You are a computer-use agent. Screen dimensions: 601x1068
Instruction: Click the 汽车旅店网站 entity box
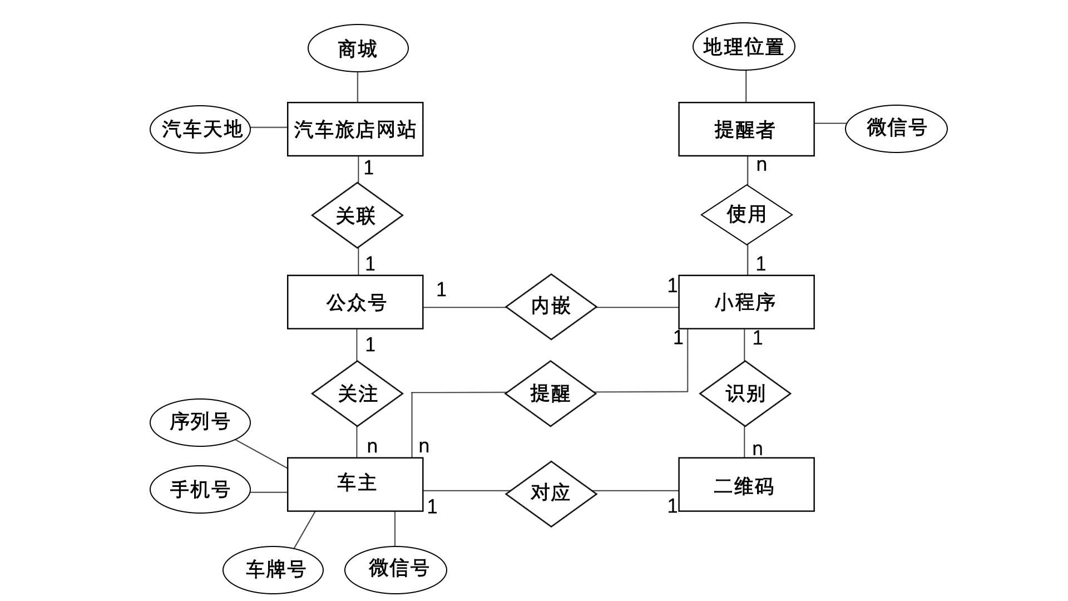(x=355, y=129)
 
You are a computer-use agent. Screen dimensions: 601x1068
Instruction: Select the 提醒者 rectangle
(x=746, y=129)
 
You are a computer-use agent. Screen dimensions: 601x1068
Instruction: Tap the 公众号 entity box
(x=355, y=302)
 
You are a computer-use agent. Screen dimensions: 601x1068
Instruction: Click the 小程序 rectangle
(x=746, y=302)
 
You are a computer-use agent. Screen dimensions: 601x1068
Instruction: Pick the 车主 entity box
(x=355, y=484)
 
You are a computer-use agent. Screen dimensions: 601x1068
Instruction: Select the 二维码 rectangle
(x=746, y=484)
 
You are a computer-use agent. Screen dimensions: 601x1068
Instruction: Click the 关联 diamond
(x=357, y=215)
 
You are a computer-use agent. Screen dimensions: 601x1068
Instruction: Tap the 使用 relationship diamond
(x=746, y=215)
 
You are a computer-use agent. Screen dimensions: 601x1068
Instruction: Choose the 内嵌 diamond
(x=551, y=307)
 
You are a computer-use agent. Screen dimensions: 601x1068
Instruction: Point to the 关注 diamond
(x=357, y=393)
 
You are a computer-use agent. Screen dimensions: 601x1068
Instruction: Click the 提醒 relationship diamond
(x=551, y=393)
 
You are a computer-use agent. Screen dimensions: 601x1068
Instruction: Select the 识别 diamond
(x=745, y=393)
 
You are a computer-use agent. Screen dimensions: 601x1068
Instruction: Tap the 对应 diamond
(x=551, y=494)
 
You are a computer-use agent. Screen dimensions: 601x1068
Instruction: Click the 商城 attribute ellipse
(x=358, y=48)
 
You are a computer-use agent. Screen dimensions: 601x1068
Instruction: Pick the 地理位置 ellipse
(x=744, y=47)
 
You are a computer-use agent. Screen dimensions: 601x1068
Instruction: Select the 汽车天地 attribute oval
(x=200, y=129)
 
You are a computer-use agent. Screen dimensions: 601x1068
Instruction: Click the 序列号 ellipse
(x=200, y=422)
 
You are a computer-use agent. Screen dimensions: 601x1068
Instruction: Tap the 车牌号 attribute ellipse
(x=273, y=570)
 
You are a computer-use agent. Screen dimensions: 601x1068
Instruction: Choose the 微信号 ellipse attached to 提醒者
(x=896, y=129)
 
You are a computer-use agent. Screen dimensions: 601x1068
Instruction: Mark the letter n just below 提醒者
(x=762, y=165)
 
